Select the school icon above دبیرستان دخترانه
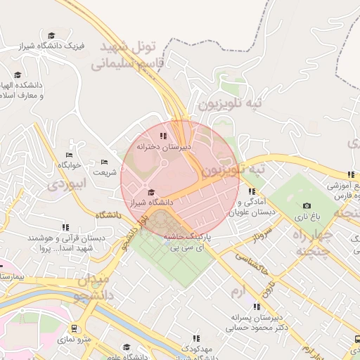point(164,136)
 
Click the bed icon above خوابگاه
point(69,155)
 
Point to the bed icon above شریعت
point(105,162)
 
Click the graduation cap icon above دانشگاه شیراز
point(150,192)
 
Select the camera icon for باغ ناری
point(307,205)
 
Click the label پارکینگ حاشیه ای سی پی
point(188,243)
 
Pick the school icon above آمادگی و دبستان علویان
point(252,191)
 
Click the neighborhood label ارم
point(238,290)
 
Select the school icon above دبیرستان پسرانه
point(257,307)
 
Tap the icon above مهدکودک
point(196,338)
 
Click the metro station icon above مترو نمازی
point(74,328)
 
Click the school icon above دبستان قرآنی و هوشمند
point(65,227)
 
